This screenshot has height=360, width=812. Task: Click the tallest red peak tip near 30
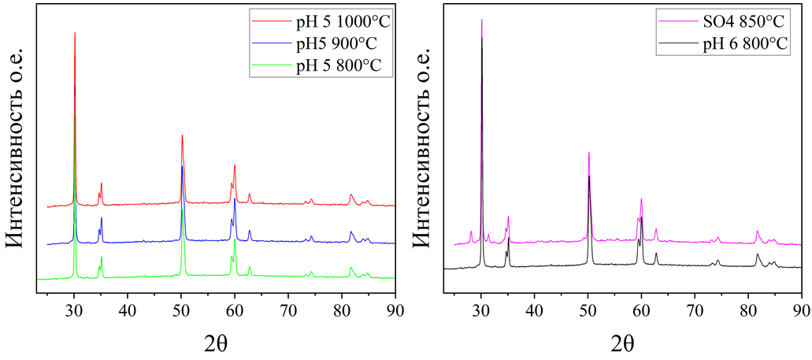click(x=75, y=33)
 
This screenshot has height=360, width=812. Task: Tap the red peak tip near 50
click(x=182, y=135)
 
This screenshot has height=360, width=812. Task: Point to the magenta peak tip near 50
click(x=588, y=153)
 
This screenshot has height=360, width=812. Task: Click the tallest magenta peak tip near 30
click(x=481, y=20)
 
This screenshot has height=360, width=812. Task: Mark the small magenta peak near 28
click(x=471, y=232)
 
